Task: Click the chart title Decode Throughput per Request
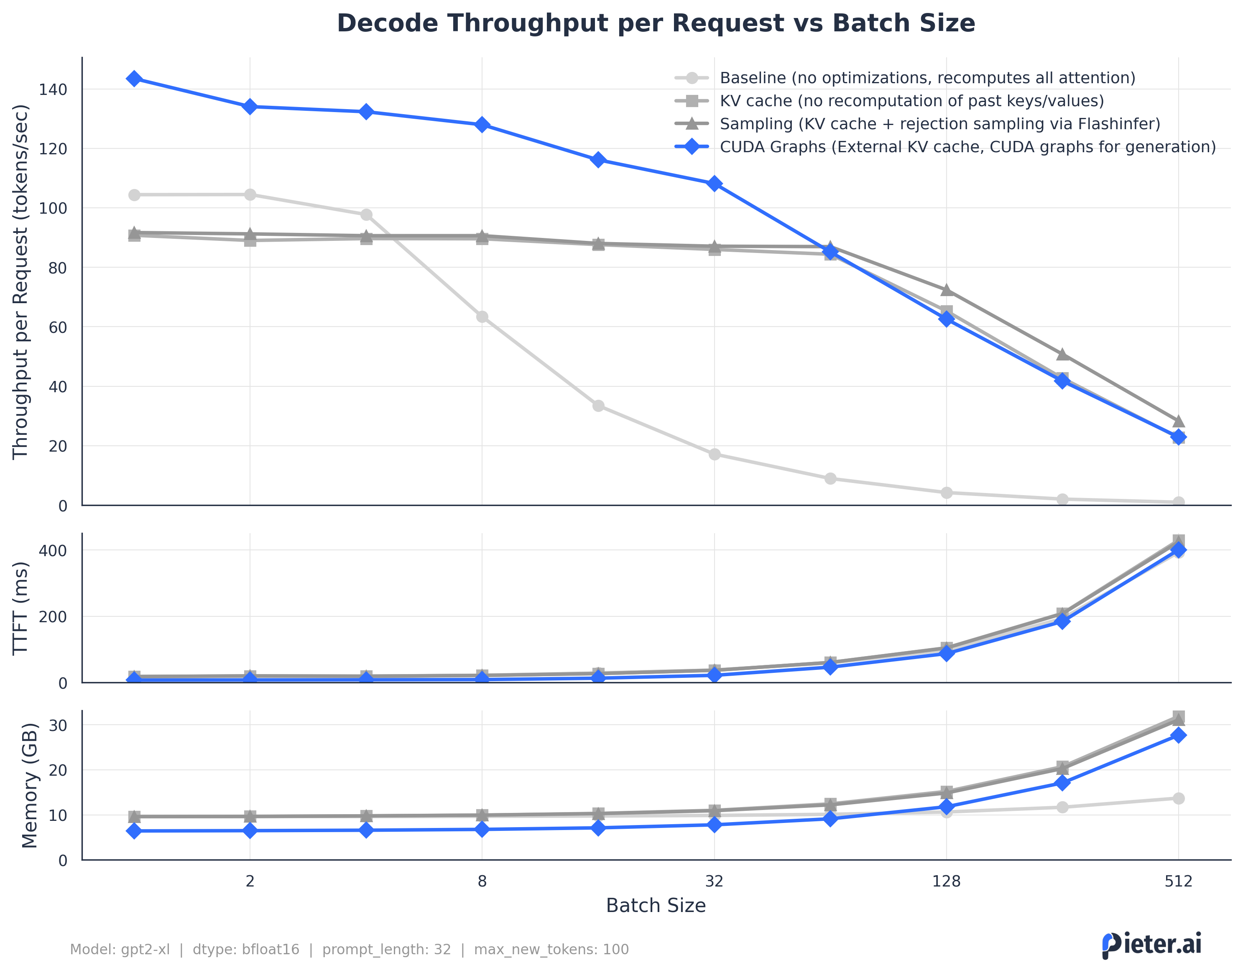[655, 23]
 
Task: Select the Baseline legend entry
[927, 78]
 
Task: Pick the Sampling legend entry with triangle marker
[939, 124]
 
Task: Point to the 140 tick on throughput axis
[53, 90]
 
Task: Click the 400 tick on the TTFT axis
[53, 551]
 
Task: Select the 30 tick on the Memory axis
[58, 726]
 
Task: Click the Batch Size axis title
[655, 906]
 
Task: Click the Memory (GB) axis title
[30, 786]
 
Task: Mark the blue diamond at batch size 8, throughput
[482, 125]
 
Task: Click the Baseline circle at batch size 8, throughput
[482, 317]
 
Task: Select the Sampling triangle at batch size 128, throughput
[946, 290]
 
